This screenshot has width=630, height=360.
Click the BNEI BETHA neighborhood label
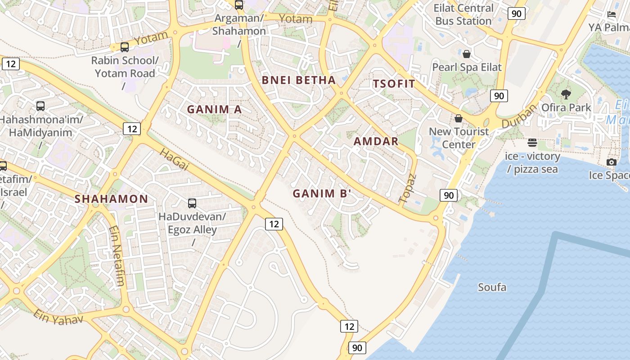tap(299, 81)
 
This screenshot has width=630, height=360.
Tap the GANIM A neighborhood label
tap(214, 109)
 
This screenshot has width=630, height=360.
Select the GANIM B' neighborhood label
tap(322, 193)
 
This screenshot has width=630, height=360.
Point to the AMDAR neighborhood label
tap(376, 141)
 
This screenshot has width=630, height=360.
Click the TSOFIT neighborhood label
tap(394, 84)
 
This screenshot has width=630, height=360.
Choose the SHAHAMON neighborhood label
tap(111, 199)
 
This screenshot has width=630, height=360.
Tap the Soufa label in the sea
tap(492, 287)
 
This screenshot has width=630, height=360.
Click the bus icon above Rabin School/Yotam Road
tap(125, 47)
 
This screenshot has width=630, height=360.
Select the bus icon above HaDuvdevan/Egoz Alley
tap(192, 203)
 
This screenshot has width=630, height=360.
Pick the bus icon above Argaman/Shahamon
tap(239, 5)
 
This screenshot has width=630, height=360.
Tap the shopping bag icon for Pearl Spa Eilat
tap(467, 54)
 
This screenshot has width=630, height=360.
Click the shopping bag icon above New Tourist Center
tap(459, 118)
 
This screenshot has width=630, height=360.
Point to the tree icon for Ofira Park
tap(566, 94)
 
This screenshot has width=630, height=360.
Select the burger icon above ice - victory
tap(532, 143)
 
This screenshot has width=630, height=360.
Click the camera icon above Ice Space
tap(611, 162)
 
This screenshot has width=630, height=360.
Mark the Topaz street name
tap(408, 188)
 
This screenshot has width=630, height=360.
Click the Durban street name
tap(520, 116)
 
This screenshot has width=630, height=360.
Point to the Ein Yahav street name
tap(58, 317)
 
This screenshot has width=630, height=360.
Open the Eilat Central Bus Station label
tap(464, 14)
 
